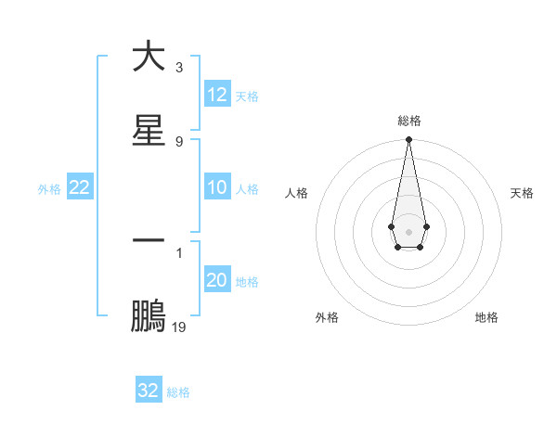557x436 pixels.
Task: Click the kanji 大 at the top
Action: coord(149,57)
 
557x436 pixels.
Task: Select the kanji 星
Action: coord(149,131)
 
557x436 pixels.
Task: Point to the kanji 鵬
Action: coord(149,316)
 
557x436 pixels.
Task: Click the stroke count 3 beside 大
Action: coord(178,68)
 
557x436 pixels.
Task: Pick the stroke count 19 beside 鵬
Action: coord(178,327)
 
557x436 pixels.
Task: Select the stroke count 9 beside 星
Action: coord(178,141)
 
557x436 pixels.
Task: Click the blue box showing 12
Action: coord(217,95)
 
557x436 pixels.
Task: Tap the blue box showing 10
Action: coord(217,187)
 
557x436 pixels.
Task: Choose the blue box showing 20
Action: coord(217,280)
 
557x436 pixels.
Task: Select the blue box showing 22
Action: coord(80,187)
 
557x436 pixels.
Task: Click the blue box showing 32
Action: coord(149,391)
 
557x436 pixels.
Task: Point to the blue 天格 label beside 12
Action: coord(247,96)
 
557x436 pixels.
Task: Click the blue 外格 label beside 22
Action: coord(49,188)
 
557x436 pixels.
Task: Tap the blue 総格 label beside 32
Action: coord(178,391)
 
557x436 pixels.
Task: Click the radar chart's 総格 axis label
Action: coord(409,121)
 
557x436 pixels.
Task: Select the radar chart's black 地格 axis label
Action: coord(486,317)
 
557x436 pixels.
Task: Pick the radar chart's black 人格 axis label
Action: coord(297,193)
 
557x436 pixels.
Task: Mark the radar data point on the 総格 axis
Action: coord(408,140)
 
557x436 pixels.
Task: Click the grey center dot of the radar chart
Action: coord(408,230)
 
